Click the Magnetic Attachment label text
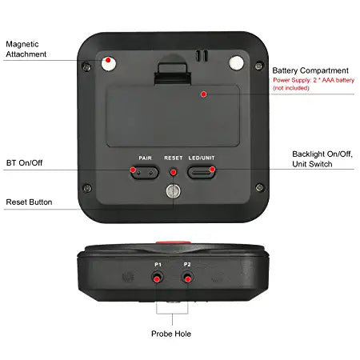pos(26,49)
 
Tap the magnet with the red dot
pos(109,63)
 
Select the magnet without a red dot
pos(237,63)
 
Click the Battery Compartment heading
pos(310,70)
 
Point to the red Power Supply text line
pos(314,80)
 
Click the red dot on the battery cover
pos(204,94)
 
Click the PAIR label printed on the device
pos(145,158)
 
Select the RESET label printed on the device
pos(174,158)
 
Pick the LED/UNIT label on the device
pos(202,158)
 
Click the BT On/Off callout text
pos(24,162)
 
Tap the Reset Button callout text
pos(29,202)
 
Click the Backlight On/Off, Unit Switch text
pos(322,159)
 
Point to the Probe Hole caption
pos(171,334)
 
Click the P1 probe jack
pos(158,278)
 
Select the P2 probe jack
pos(187,278)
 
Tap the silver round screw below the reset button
pos(174,191)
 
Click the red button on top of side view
pos(174,242)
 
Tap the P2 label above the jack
pos(187,264)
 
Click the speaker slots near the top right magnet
pos(202,55)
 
